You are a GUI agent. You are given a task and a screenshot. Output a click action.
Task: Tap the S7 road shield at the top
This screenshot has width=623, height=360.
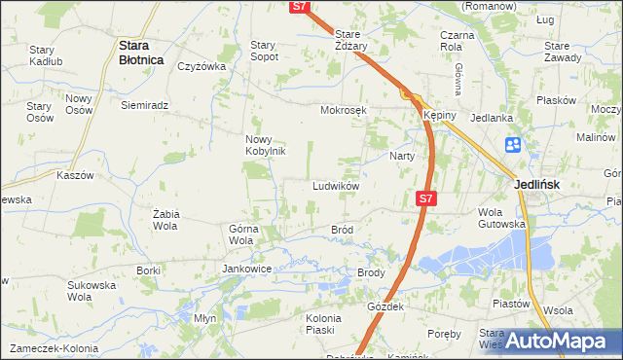[x=300, y=7]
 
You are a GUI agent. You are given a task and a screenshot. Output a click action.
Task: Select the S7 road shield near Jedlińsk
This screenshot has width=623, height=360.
[x=424, y=198]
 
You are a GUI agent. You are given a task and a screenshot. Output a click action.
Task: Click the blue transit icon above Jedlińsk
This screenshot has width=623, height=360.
[x=514, y=146]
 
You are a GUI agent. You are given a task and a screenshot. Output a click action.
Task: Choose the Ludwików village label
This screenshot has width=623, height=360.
[x=337, y=186]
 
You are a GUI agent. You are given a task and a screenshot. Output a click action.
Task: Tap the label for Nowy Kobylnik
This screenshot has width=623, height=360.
[x=264, y=145]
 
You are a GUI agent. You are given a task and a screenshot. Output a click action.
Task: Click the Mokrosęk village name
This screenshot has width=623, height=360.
[x=344, y=110]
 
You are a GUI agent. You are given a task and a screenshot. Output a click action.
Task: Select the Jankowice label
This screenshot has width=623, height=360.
[x=246, y=269]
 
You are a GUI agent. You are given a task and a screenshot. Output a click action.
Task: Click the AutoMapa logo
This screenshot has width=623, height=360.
[x=558, y=341]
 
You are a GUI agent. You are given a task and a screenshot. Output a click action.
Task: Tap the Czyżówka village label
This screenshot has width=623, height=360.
[x=202, y=67]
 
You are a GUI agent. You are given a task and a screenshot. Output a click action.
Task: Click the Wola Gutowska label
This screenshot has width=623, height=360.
[x=501, y=218]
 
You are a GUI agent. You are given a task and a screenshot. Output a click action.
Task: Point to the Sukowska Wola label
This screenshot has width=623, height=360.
[x=92, y=292]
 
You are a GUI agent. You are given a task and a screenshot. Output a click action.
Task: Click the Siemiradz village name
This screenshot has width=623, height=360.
[x=145, y=105]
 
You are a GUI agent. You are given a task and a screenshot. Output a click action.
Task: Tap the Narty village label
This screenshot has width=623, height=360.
[x=403, y=157]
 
